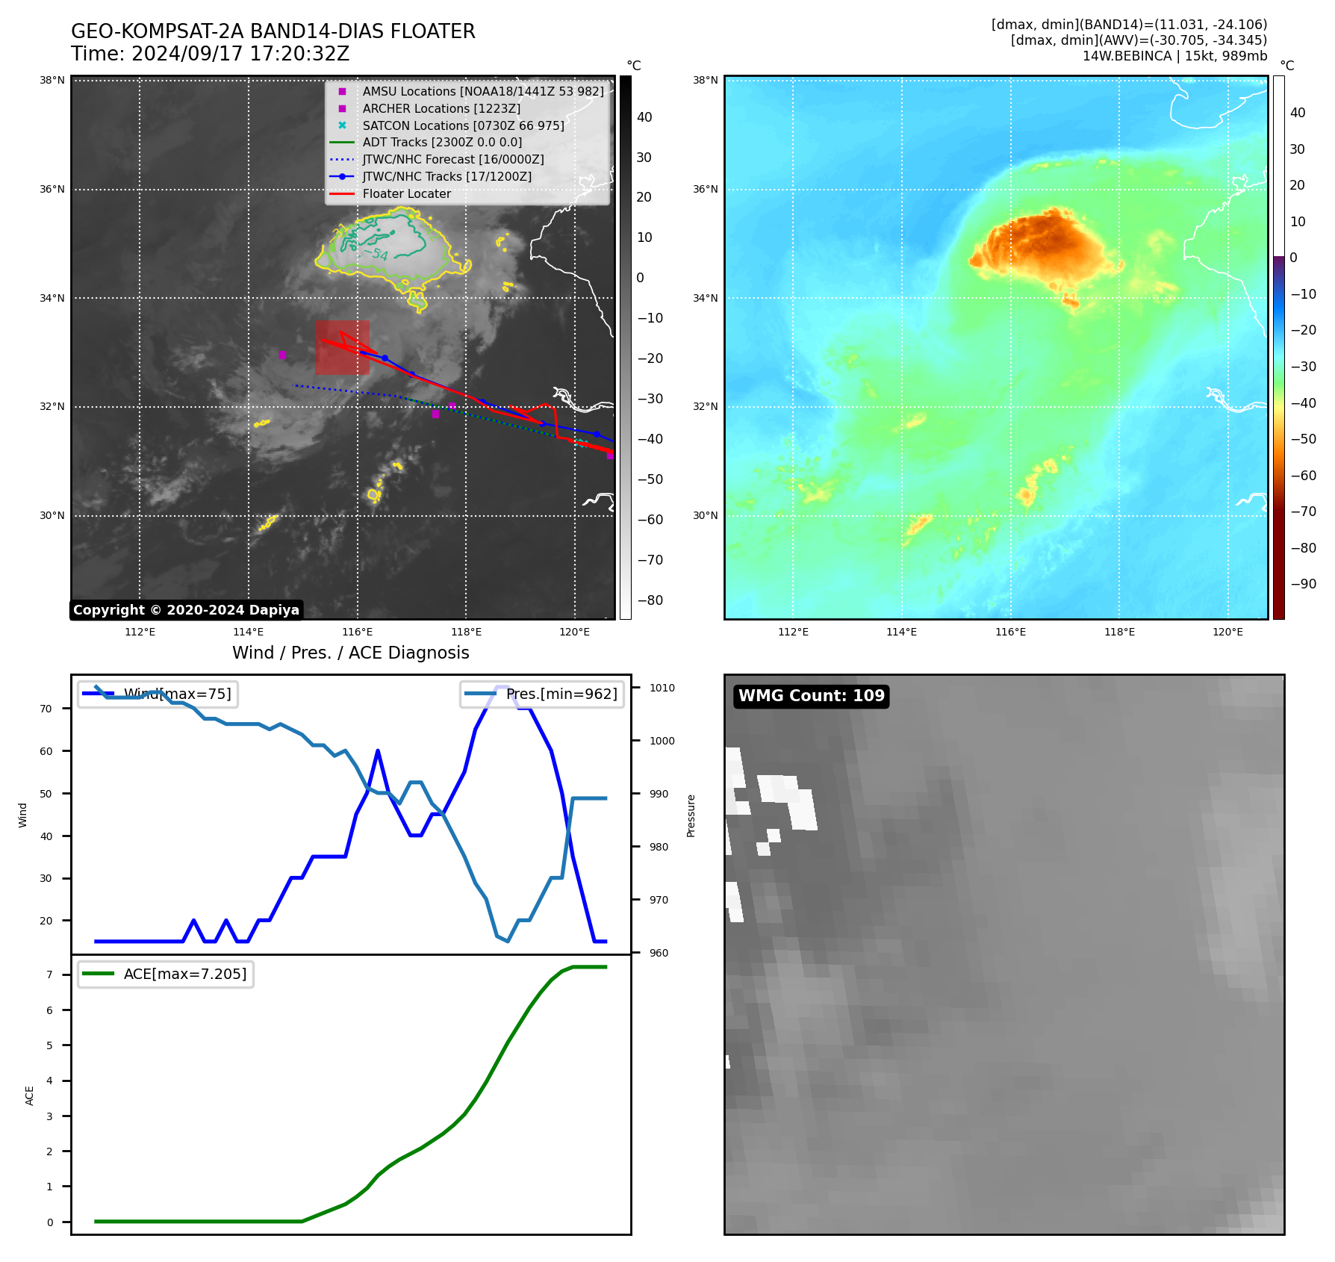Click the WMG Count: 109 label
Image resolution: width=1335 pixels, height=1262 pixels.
click(x=811, y=696)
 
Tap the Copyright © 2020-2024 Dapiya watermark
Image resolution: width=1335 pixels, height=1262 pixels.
click(x=186, y=610)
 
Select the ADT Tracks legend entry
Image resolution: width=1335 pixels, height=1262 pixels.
click(x=442, y=143)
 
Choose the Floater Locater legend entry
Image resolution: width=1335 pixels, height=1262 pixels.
click(x=406, y=194)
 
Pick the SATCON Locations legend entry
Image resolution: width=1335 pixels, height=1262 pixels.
click(x=463, y=125)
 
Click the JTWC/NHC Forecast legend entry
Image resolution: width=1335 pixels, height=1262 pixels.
click(x=452, y=160)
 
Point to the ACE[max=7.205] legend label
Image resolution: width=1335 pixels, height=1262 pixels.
click(x=184, y=974)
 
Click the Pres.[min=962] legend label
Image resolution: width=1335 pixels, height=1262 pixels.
click(x=561, y=694)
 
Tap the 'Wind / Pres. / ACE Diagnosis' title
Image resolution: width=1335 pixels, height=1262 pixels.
click(x=351, y=653)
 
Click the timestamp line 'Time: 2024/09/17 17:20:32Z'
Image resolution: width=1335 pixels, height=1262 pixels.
click(x=210, y=54)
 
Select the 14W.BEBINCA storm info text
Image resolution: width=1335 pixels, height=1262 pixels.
click(x=1174, y=56)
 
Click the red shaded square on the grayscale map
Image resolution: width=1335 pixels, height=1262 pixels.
click(x=342, y=348)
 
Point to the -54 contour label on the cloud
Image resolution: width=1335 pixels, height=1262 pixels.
click(x=378, y=255)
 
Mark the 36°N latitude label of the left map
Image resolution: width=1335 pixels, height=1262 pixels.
click(x=52, y=190)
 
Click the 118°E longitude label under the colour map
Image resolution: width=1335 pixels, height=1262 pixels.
click(x=1119, y=632)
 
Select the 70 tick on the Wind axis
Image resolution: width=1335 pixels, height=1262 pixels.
click(x=46, y=709)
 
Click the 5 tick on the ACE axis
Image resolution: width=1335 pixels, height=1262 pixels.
click(x=50, y=1045)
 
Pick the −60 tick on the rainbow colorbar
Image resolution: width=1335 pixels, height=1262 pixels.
click(x=1303, y=476)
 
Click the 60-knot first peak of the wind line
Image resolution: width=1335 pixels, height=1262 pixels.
click(x=378, y=750)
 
